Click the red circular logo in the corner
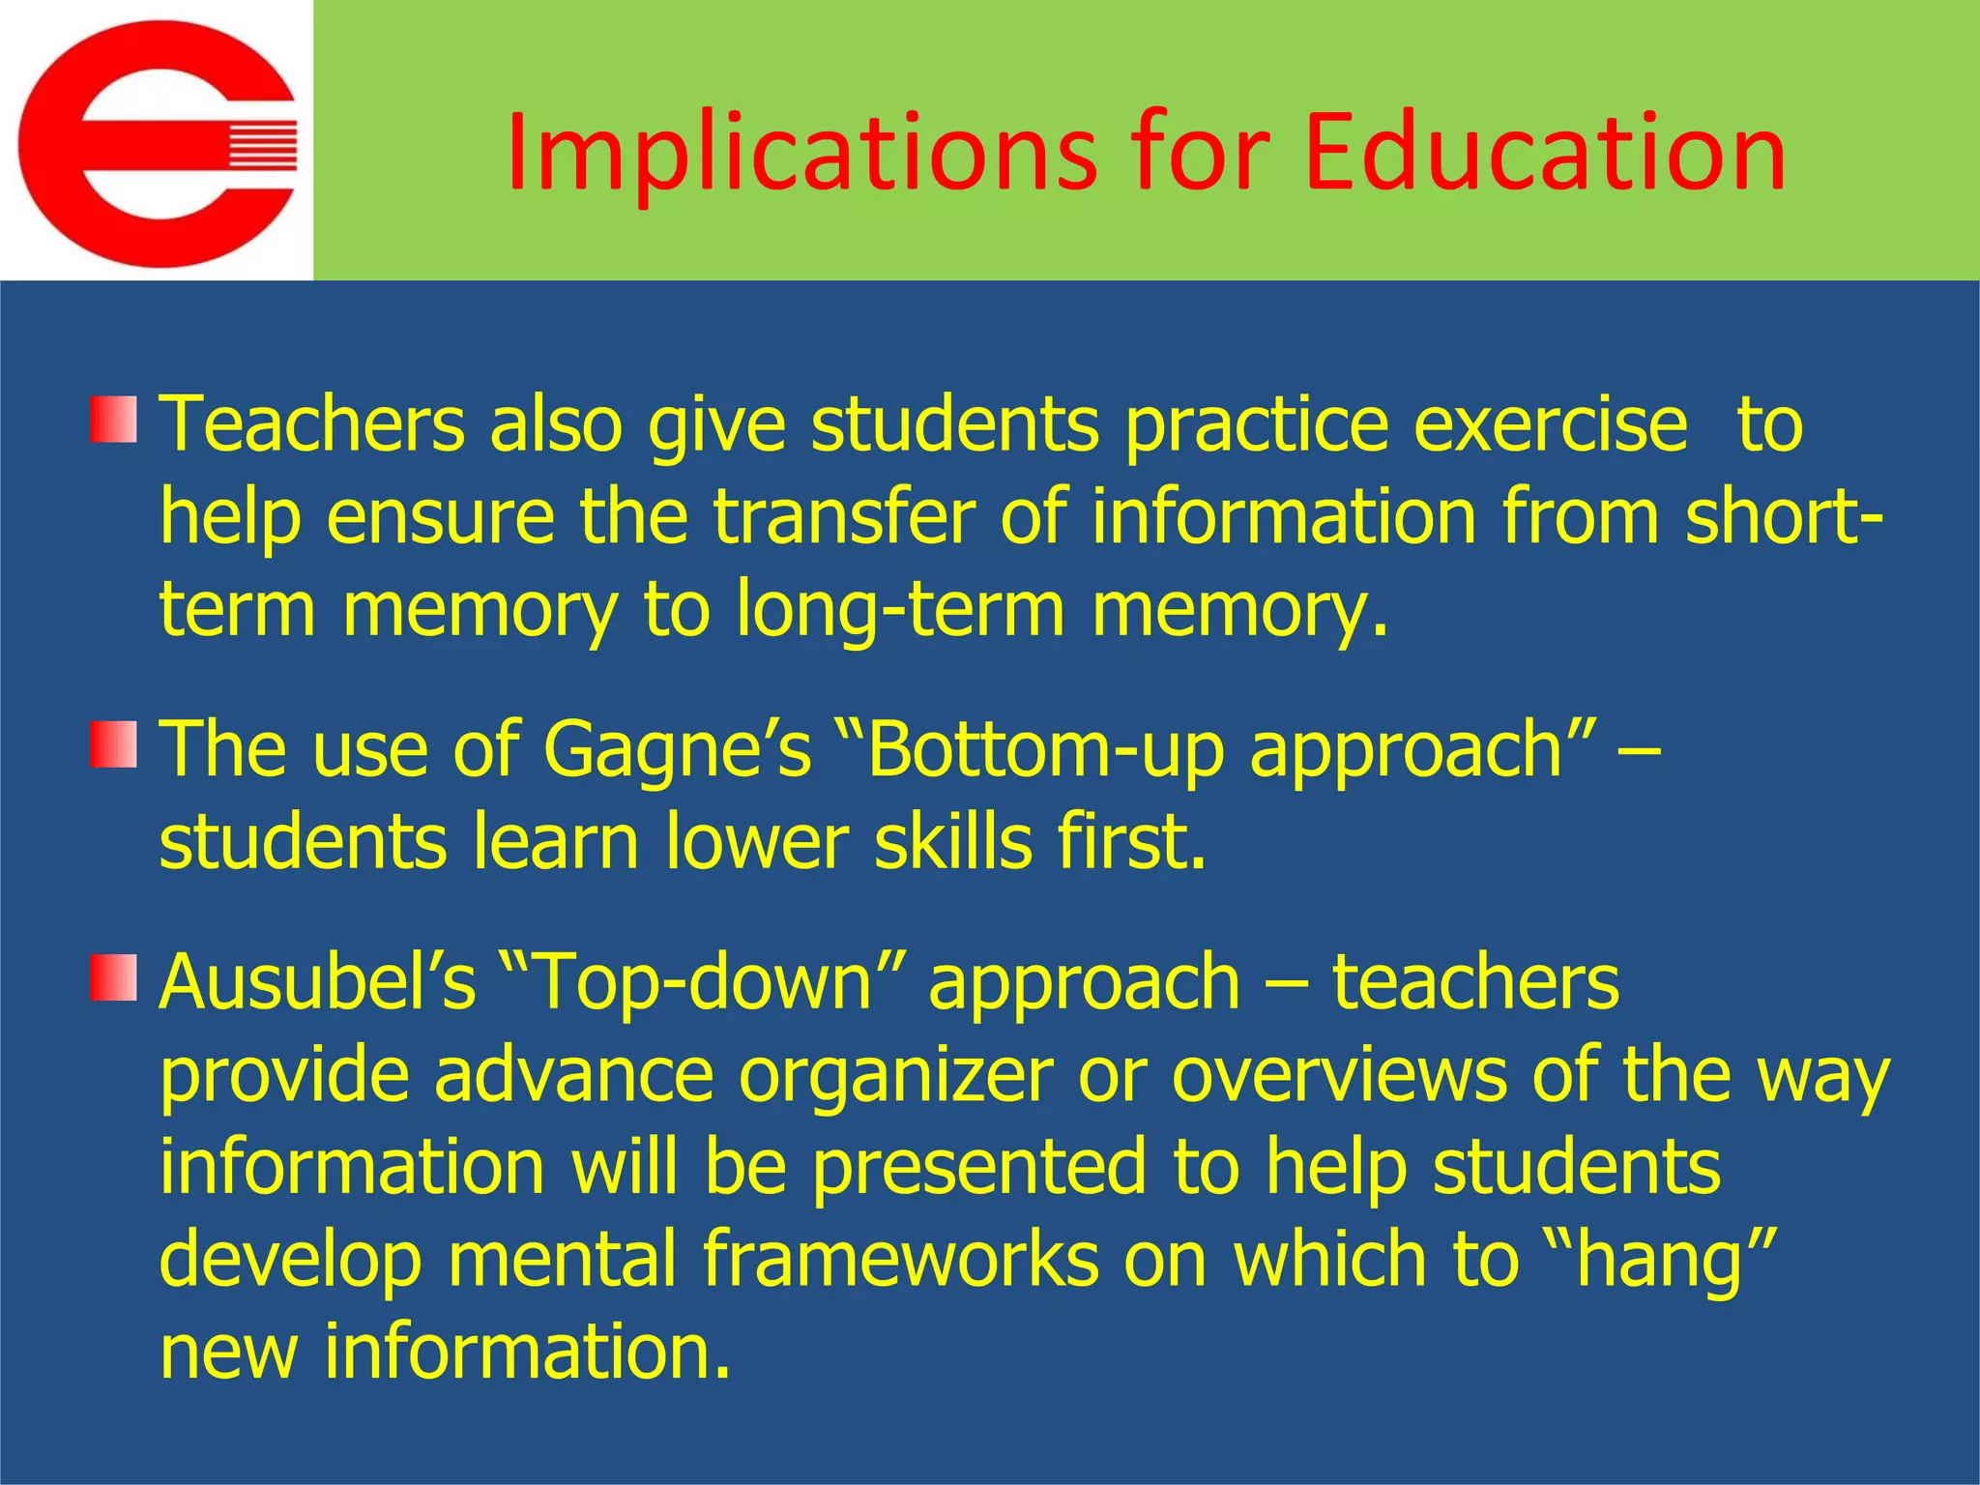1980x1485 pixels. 157,143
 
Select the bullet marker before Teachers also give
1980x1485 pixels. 113,420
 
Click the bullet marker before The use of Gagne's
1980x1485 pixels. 113,744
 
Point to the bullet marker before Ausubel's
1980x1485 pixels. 113,977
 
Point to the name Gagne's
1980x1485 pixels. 677,748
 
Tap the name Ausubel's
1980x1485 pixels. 318,982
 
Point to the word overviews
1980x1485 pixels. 1339,1075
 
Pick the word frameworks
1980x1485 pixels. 900,1261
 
